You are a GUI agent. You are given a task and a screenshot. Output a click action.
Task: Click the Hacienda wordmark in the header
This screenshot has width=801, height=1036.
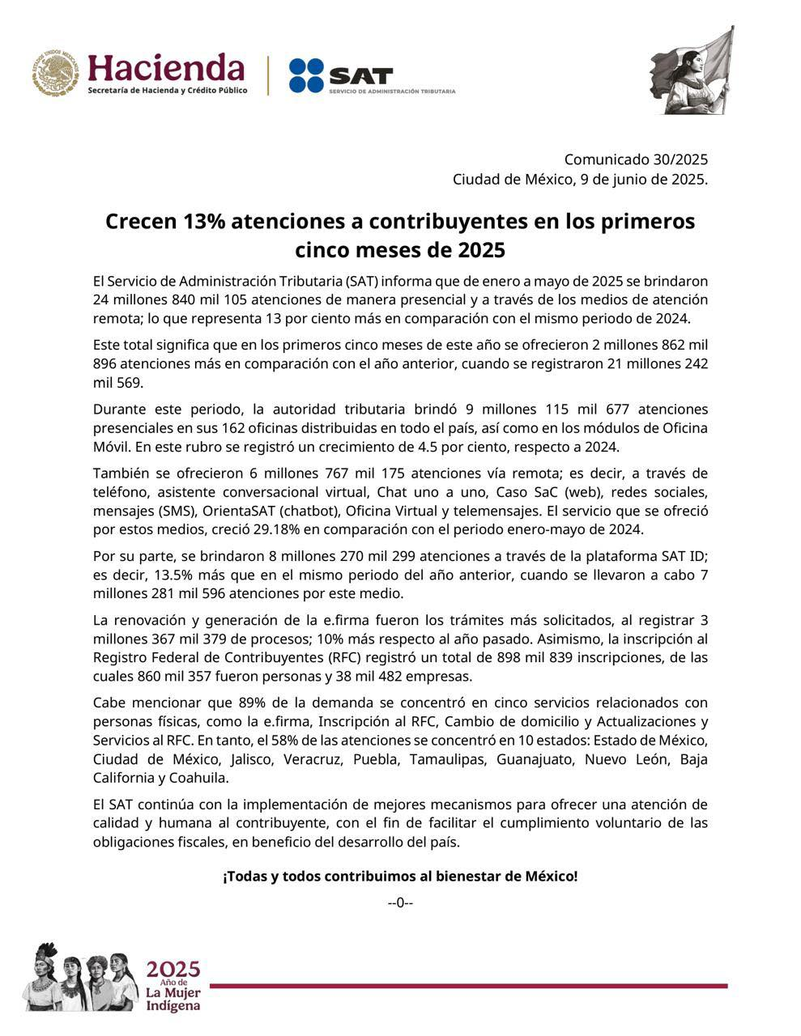click(x=166, y=68)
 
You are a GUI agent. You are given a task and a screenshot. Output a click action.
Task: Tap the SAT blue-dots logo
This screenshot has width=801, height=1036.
click(x=306, y=75)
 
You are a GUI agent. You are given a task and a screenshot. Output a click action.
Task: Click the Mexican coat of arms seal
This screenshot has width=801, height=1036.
click(x=55, y=73)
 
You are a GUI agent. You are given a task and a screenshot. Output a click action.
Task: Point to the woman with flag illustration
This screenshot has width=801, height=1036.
click(x=692, y=71)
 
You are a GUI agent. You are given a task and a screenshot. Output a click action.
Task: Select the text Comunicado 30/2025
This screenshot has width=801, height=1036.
click(x=636, y=159)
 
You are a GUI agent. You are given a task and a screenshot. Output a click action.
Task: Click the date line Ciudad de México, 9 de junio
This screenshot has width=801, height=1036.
click(x=580, y=179)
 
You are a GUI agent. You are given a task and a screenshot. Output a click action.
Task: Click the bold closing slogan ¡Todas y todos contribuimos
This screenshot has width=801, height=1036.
click(x=400, y=876)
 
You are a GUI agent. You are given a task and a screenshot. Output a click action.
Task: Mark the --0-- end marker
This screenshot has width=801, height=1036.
click(x=400, y=902)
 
